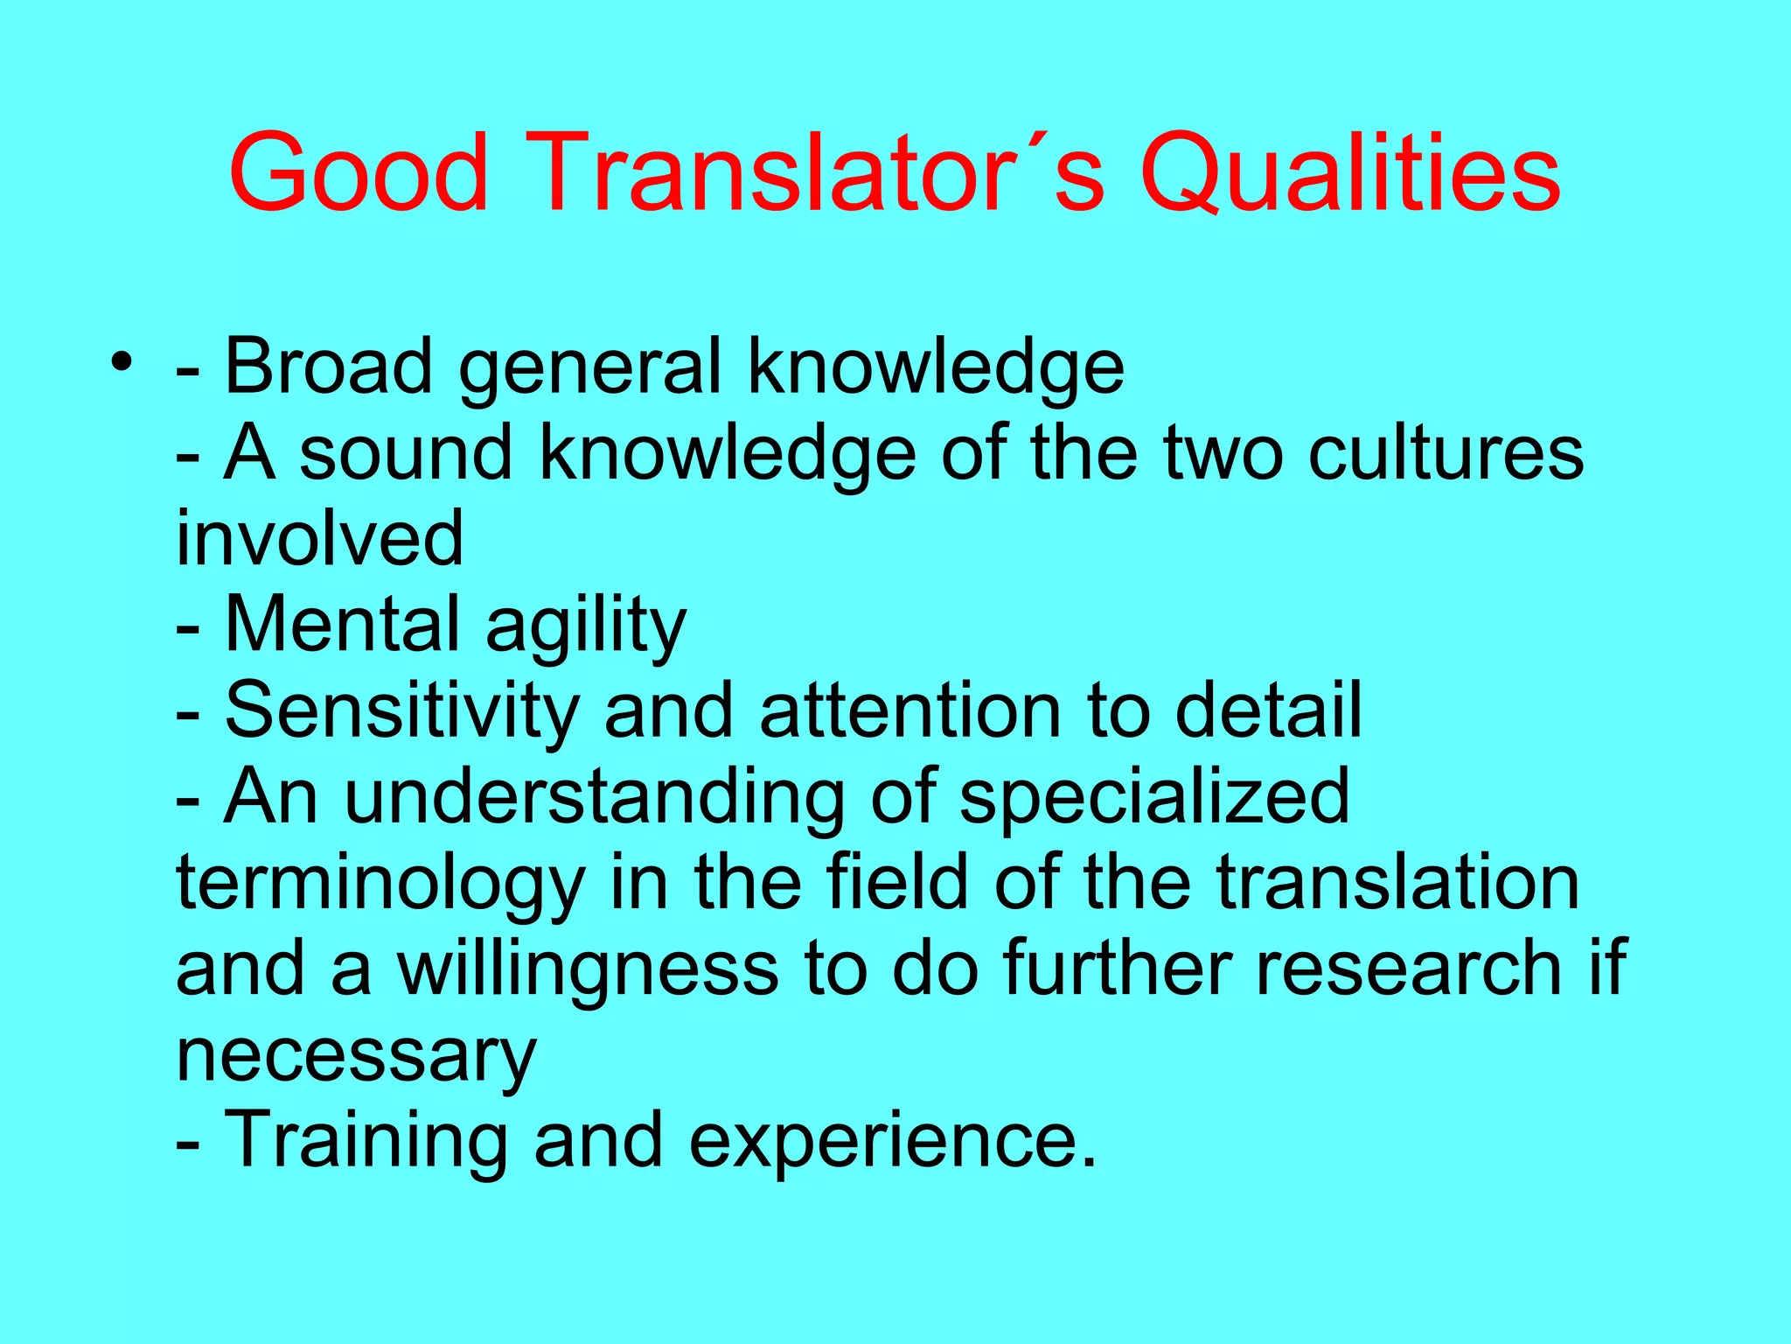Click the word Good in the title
pyautogui.click(x=359, y=171)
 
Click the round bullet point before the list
pyautogui.click(x=122, y=361)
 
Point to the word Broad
pyautogui.click(x=328, y=366)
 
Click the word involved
pyautogui.click(x=319, y=538)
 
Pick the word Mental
pyautogui.click(x=342, y=624)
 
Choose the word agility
pyautogui.click(x=586, y=624)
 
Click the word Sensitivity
pyautogui.click(x=402, y=710)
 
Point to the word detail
pyautogui.click(x=1267, y=710)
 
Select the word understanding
pyautogui.click(x=595, y=795)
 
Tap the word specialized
pyautogui.click(x=1154, y=795)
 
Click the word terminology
pyautogui.click(x=380, y=882)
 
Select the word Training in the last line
pyautogui.click(x=366, y=1139)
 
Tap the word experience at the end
pyautogui.click(x=883, y=1139)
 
